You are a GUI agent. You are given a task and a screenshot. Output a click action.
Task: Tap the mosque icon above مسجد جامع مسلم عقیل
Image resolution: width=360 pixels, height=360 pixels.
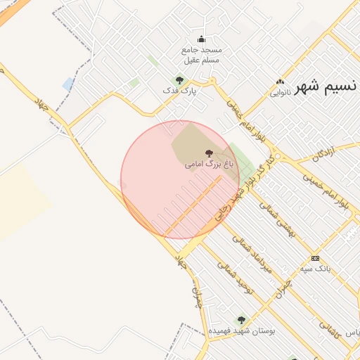click(x=202, y=39)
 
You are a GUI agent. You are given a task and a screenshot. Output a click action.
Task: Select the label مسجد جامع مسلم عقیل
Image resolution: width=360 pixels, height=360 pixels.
click(x=202, y=55)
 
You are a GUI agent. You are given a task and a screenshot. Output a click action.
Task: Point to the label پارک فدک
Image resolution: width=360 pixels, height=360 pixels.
click(x=179, y=91)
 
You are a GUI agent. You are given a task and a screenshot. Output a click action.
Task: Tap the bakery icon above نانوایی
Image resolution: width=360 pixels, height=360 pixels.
click(x=281, y=82)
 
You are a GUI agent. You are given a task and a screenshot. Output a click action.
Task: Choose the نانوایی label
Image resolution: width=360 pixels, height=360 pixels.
click(x=281, y=92)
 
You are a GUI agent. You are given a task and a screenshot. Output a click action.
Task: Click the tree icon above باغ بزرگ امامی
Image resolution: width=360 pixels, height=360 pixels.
click(x=208, y=153)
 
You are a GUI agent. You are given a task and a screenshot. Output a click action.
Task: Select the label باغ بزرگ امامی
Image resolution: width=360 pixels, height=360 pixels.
click(x=209, y=164)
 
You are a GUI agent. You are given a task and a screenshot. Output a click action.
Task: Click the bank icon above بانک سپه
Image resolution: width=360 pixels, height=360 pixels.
click(x=314, y=258)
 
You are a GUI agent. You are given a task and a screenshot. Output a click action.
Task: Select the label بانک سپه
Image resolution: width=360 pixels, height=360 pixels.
click(x=315, y=269)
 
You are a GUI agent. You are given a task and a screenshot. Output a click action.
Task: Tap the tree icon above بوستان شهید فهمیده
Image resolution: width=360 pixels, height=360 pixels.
click(x=241, y=320)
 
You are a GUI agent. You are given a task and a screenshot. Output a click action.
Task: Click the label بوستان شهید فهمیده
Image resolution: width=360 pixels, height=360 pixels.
click(x=242, y=330)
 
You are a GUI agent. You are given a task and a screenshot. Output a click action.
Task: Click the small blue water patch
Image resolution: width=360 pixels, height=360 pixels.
click(x=67, y=84)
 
